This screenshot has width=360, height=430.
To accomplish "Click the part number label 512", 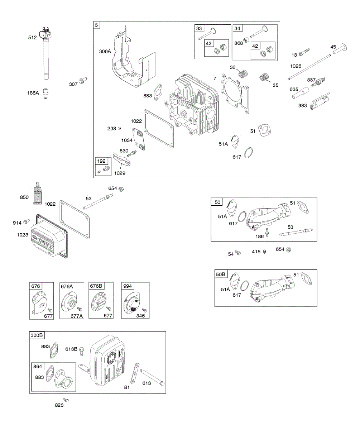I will pos(33,37).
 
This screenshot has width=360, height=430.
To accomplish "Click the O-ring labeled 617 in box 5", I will pos(249,153).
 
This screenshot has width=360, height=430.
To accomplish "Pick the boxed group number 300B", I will pos(37,335).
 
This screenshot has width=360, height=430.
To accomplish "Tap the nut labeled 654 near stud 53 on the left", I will pos(121,189).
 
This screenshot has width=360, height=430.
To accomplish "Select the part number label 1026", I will pos(296,66).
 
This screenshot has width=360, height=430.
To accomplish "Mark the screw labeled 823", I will pos(66,400).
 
